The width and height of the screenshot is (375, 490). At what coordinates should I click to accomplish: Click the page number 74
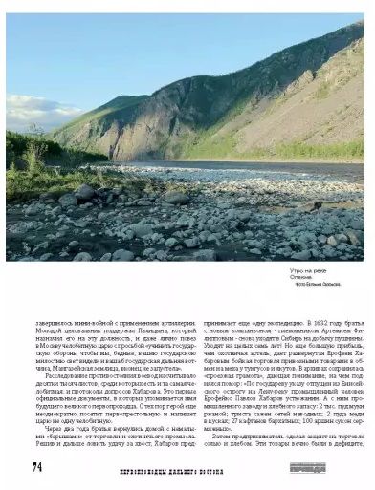click(x=37, y=467)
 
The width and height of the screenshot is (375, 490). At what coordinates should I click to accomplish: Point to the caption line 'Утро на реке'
click(x=307, y=272)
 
